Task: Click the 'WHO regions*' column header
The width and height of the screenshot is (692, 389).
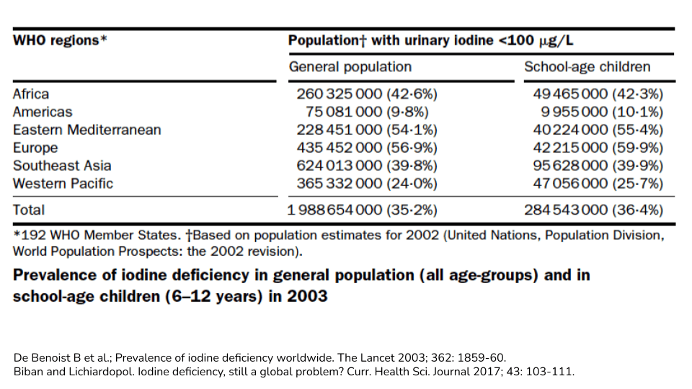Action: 60,40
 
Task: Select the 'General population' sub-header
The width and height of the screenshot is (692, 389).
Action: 350,67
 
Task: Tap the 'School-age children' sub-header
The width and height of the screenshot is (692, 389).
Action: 587,67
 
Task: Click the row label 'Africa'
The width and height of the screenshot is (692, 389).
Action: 31,94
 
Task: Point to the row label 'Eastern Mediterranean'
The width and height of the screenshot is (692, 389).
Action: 86,130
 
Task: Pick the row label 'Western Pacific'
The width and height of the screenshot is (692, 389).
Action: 63,184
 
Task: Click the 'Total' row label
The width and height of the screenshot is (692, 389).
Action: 28,210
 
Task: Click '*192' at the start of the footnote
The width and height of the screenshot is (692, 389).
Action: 27,236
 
